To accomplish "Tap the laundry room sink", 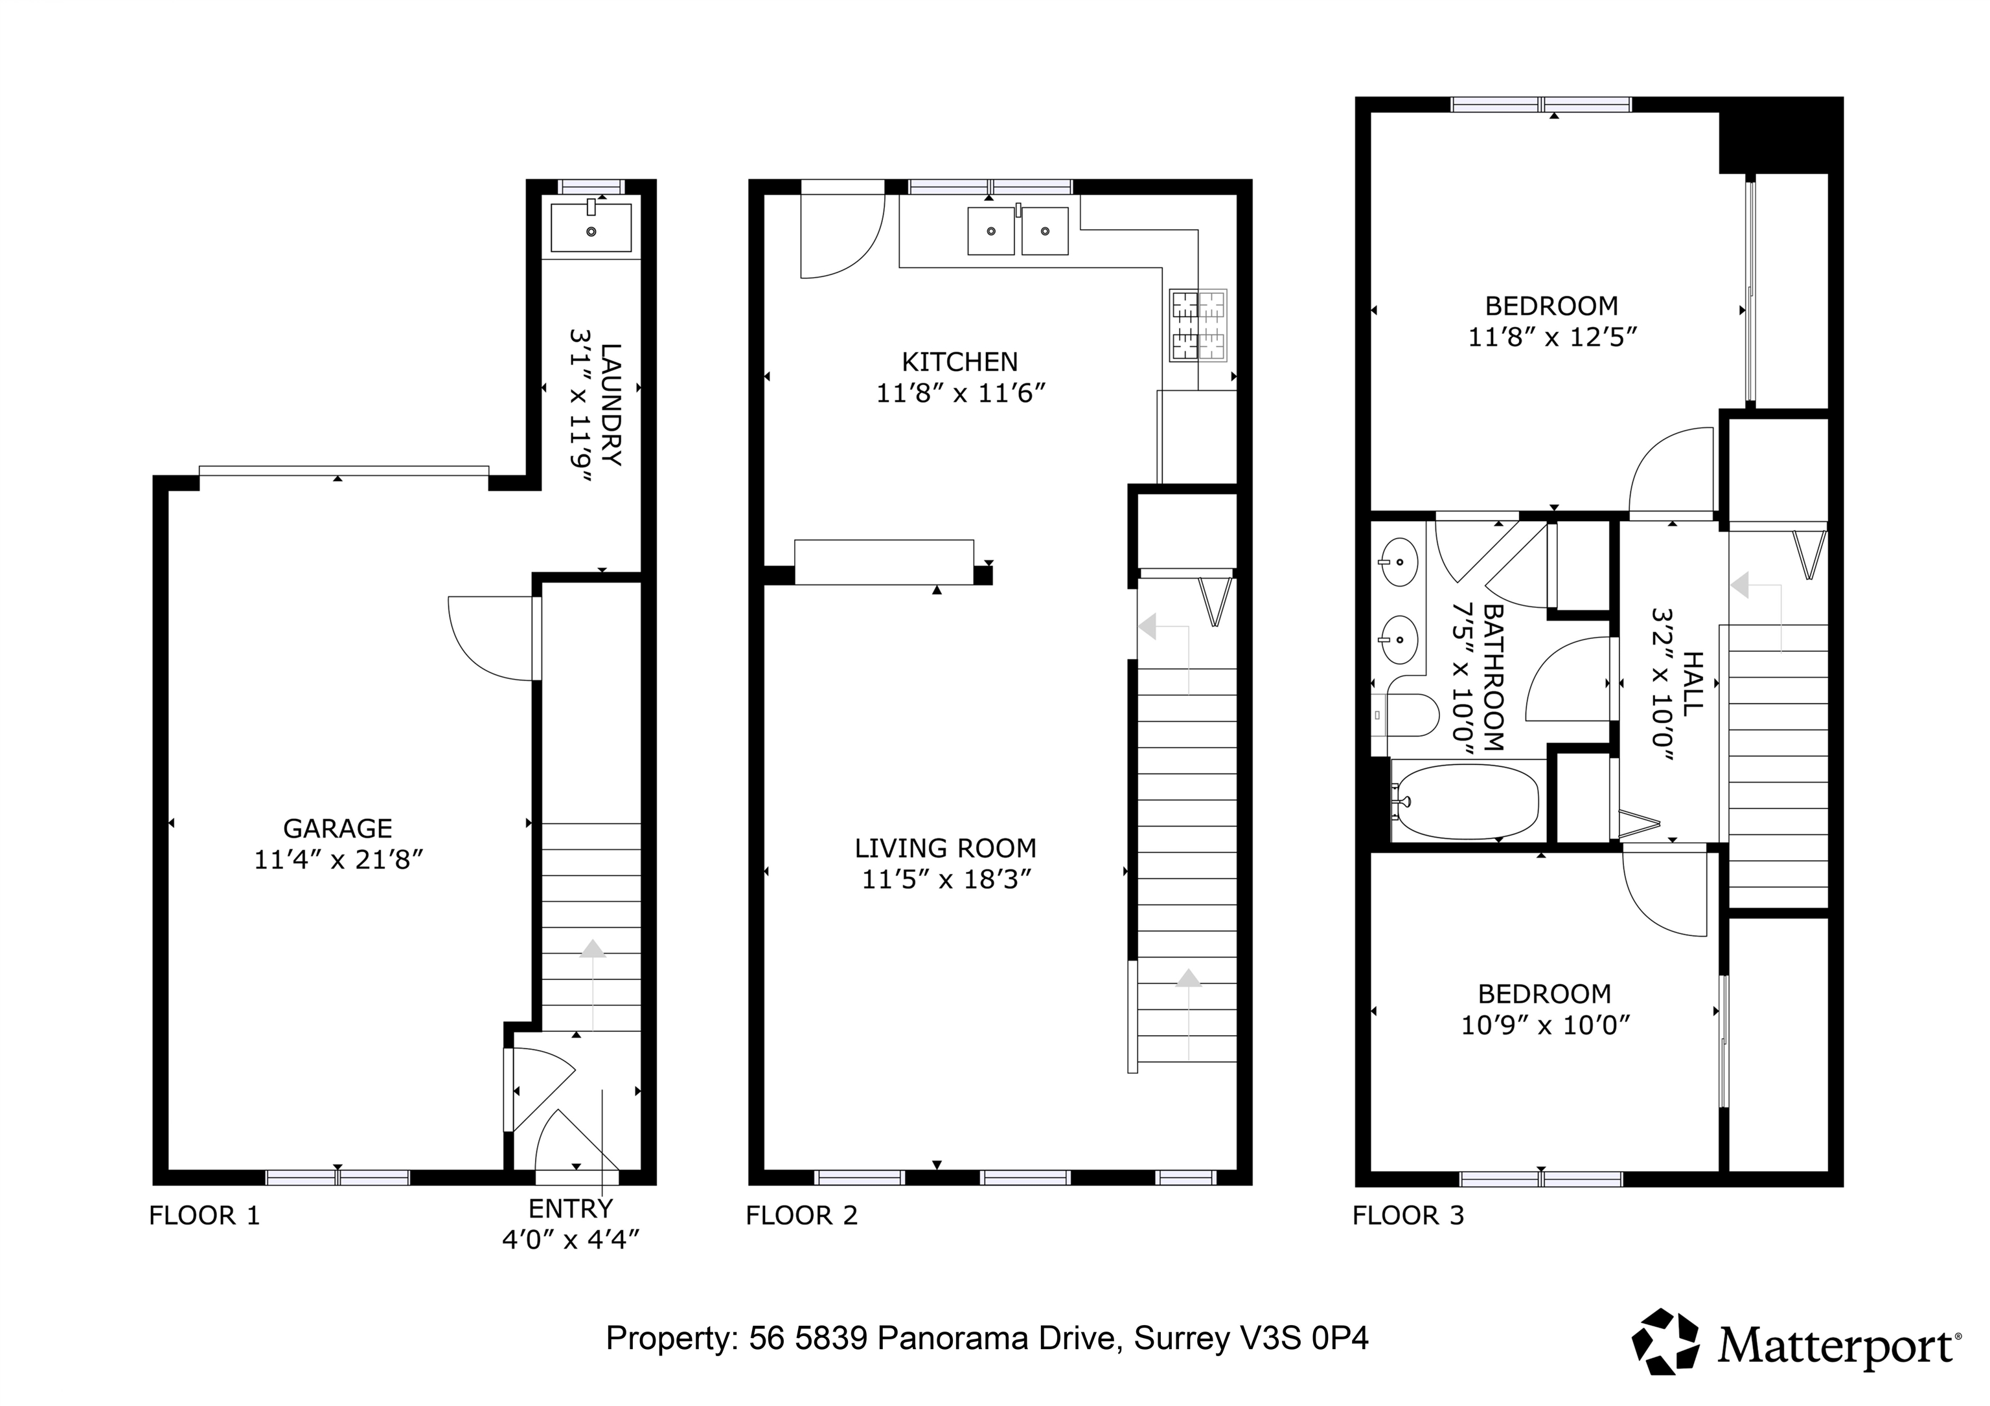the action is coord(591,227).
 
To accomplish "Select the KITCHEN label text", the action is coord(959,361).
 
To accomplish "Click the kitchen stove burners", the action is coord(1198,325).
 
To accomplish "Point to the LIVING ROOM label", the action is coord(946,848).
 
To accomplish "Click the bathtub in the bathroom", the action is coord(1467,801).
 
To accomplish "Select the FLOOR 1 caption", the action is coord(205,1216).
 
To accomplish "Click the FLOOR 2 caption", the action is coord(802,1216).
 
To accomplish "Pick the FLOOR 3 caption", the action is coord(1408,1216).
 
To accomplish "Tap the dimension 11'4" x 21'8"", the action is coord(338,860).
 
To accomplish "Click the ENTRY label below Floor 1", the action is coord(570,1208).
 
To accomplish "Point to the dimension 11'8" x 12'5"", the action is coord(1552,337).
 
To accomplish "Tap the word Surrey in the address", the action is coord(1182,1339).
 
